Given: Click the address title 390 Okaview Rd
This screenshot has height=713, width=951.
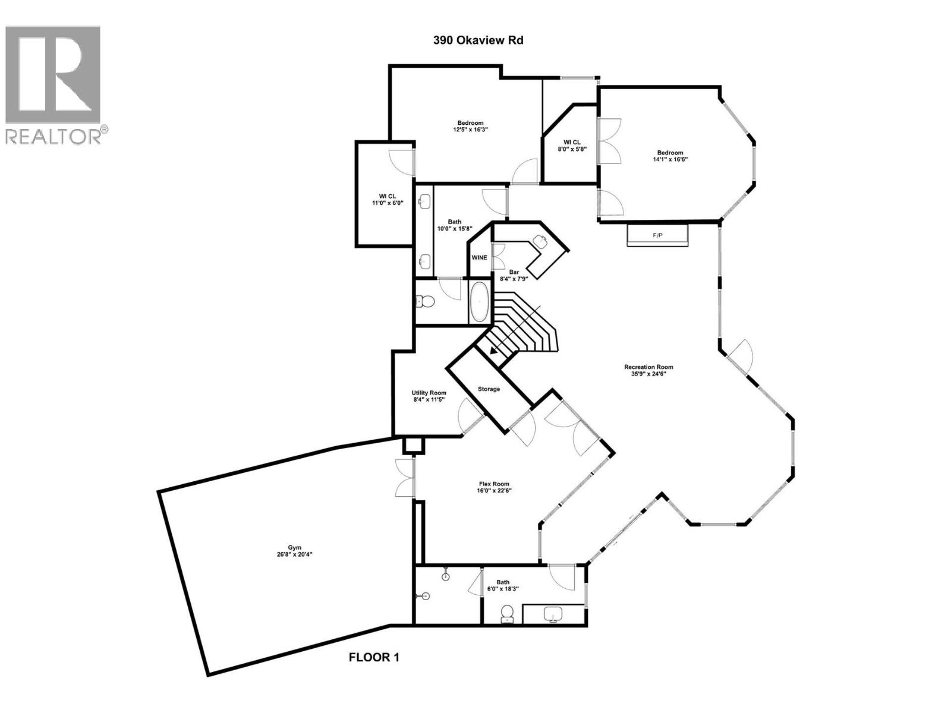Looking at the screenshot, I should click(x=477, y=41).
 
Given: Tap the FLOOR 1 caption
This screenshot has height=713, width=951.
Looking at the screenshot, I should click(x=374, y=657).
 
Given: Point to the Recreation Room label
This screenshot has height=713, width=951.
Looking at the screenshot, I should click(x=648, y=367).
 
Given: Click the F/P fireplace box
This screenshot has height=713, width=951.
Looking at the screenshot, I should click(x=657, y=235).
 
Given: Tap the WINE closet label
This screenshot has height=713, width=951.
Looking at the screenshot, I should click(x=479, y=258).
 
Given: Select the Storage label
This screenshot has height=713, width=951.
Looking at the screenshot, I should click(x=489, y=389).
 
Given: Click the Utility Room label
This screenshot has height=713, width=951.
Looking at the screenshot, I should click(x=429, y=393).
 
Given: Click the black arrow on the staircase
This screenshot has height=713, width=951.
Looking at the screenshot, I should click(x=495, y=352).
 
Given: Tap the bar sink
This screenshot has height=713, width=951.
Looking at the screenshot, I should click(x=540, y=241).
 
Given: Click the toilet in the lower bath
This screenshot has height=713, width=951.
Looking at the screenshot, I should click(x=507, y=613).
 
